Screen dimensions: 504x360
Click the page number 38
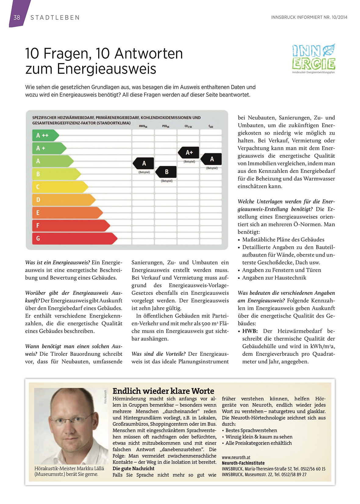[x=17, y=17]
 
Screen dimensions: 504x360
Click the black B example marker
[x=166, y=172]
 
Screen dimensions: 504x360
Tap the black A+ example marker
[x=189, y=152]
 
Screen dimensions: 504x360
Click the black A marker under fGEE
[x=211, y=159]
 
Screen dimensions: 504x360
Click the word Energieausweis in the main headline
[x=106, y=69]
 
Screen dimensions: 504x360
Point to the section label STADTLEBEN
[x=55, y=18]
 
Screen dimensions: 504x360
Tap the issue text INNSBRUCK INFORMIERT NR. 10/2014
[x=309, y=17]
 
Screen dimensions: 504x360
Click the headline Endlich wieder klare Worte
[x=163, y=391]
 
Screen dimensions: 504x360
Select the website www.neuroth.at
[x=236, y=457]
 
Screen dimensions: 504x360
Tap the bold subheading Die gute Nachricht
[x=134, y=468]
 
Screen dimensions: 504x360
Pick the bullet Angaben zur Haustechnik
[x=274, y=278]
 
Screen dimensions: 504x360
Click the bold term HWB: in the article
[x=250, y=331]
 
